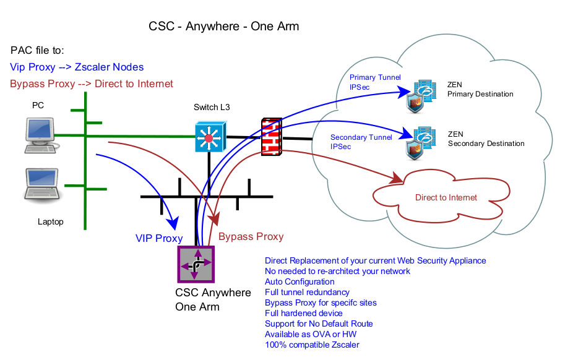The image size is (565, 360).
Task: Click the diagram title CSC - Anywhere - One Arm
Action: (x=223, y=27)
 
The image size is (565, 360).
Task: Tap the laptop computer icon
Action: (x=42, y=184)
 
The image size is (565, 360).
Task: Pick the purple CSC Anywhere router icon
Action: (x=196, y=265)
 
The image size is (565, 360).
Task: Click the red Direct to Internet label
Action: (x=446, y=198)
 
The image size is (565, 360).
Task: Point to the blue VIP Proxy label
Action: (x=159, y=238)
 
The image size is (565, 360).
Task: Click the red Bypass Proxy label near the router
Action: (x=251, y=237)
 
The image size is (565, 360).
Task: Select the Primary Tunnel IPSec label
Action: (x=375, y=82)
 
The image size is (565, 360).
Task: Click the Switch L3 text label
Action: (x=212, y=108)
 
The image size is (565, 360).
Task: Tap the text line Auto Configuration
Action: (x=300, y=282)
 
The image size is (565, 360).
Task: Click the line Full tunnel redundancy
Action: (x=307, y=293)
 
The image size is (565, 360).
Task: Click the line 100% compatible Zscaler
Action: (x=312, y=345)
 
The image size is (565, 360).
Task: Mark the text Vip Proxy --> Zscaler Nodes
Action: (x=77, y=67)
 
